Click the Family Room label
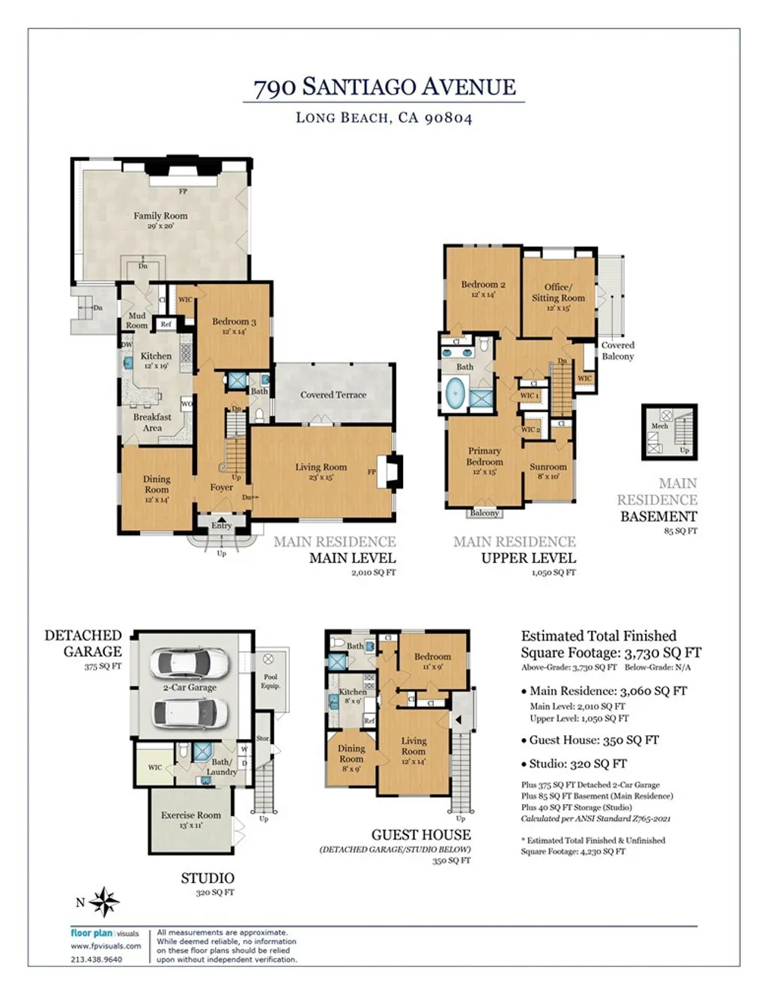point(160,216)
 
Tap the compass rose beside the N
point(105,902)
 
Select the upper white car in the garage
point(188,662)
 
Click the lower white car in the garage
point(190,713)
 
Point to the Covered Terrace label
point(333,395)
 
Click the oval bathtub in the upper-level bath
point(455,393)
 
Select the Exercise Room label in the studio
point(191,815)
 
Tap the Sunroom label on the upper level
point(548,467)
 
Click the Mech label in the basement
point(659,426)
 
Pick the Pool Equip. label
point(270,681)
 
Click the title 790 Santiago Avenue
point(384,87)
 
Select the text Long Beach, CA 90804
point(384,118)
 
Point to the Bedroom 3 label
point(234,322)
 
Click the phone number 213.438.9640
point(97,959)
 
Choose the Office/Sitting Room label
point(558,292)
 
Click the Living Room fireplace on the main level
point(390,471)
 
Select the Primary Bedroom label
point(485,456)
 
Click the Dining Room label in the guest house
point(351,753)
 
